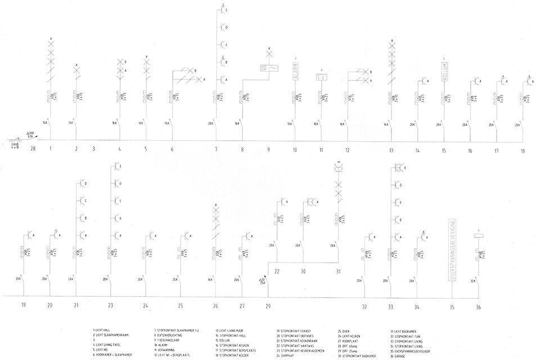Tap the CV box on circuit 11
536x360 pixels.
(321, 77)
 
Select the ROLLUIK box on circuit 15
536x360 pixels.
(444, 71)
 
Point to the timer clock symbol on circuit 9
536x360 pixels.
(268, 68)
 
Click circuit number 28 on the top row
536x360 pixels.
(33, 149)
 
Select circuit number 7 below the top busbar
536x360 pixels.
(215, 150)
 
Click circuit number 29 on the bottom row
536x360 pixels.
(268, 305)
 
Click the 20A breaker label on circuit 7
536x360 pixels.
(210, 123)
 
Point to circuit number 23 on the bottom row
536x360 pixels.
(111, 305)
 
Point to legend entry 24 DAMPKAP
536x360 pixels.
(286, 356)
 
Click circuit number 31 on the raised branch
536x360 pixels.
(338, 272)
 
